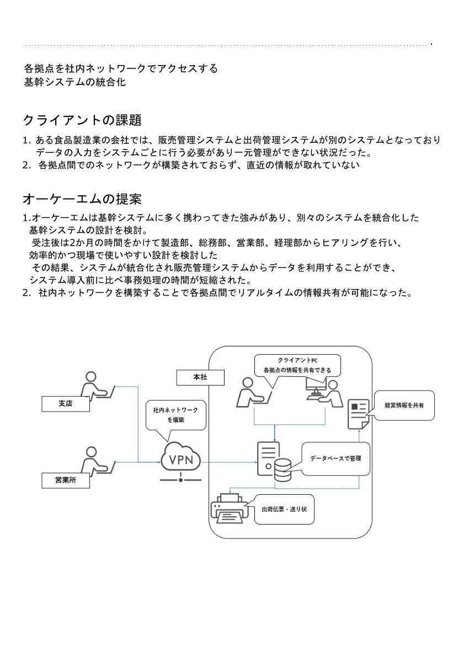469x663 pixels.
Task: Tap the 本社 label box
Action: (200, 377)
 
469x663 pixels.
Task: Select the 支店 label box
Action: (66, 404)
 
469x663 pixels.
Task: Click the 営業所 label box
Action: (66, 480)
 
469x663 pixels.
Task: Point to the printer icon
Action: (230, 508)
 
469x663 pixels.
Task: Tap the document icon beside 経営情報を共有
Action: (358, 414)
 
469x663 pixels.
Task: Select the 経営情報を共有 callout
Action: (404, 405)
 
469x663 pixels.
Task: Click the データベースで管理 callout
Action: (336, 458)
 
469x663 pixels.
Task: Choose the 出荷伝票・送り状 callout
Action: (284, 509)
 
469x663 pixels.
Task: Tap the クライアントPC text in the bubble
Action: (297, 360)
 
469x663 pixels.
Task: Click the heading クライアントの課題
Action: (82, 120)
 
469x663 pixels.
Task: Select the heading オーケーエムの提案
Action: (82, 199)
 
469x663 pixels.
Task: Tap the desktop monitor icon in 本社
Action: (316, 388)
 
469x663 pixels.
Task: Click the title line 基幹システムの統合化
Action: (75, 82)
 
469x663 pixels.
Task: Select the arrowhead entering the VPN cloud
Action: (159, 462)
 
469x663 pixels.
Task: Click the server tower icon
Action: (268, 458)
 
